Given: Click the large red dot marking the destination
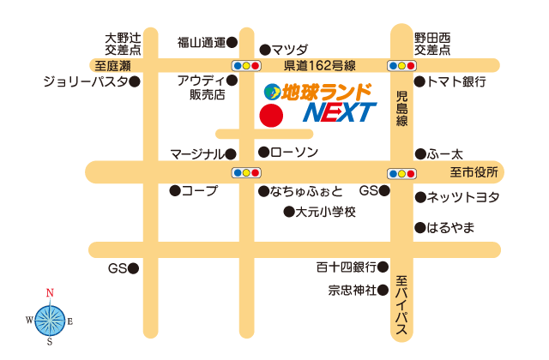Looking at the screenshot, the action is click(271, 116).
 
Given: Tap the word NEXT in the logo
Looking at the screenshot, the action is click(341, 112).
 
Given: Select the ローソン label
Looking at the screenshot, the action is click(294, 153).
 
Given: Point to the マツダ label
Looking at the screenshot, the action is click(290, 50).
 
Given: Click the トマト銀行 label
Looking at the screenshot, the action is click(455, 82).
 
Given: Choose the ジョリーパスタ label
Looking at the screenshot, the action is click(85, 82).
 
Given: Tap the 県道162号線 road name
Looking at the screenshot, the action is click(321, 65).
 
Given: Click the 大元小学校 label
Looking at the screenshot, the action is click(325, 211).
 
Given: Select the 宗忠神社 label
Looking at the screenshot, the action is click(353, 290).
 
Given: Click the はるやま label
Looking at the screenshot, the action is click(450, 228).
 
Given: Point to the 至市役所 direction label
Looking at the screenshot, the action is click(474, 172).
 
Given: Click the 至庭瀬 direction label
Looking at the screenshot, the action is click(112, 65).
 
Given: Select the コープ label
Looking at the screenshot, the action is click(199, 190).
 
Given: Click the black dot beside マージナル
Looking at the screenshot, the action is click(231, 154).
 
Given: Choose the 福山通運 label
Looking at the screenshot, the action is click(201, 41).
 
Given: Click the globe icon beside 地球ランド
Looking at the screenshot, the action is click(271, 90).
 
